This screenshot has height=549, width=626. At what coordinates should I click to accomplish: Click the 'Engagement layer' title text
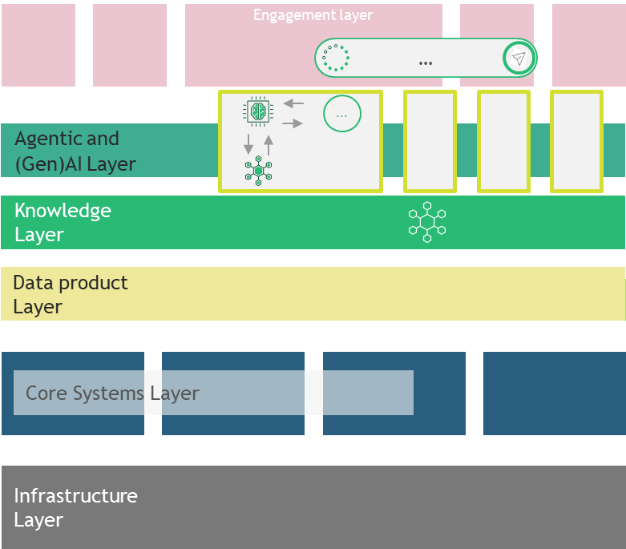point(313,15)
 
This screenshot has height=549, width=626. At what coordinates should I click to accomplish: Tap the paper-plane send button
point(519,59)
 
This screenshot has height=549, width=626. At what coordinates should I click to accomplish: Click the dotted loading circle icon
point(335,59)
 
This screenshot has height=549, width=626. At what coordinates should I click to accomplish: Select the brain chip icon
point(257,111)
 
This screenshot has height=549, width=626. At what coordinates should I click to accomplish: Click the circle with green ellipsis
point(342,115)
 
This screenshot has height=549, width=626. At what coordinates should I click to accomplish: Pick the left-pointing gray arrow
point(293,103)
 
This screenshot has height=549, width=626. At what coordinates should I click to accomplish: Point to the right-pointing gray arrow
point(293,123)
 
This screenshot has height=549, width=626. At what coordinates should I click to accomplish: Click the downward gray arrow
point(248,144)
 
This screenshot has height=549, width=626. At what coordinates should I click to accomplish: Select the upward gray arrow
point(269,144)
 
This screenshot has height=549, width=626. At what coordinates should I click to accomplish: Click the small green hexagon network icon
point(258,171)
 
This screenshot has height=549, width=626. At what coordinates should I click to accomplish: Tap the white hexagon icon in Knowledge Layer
point(426,222)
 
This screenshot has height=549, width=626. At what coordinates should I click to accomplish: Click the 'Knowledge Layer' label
point(63,222)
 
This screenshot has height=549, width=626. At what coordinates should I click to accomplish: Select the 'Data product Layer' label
point(71,294)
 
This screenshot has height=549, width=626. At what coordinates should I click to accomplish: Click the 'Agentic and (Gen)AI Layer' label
point(75,151)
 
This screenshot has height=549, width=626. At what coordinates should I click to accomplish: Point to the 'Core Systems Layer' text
point(112,394)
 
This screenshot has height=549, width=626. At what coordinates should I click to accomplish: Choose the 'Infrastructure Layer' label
point(75,507)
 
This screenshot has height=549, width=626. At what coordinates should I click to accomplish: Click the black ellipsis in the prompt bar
point(426,63)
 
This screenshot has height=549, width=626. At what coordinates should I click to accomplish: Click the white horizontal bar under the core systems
point(249,438)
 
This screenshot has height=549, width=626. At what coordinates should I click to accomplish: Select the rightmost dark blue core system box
point(554,393)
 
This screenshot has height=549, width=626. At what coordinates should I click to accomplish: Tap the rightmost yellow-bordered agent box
point(576,141)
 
